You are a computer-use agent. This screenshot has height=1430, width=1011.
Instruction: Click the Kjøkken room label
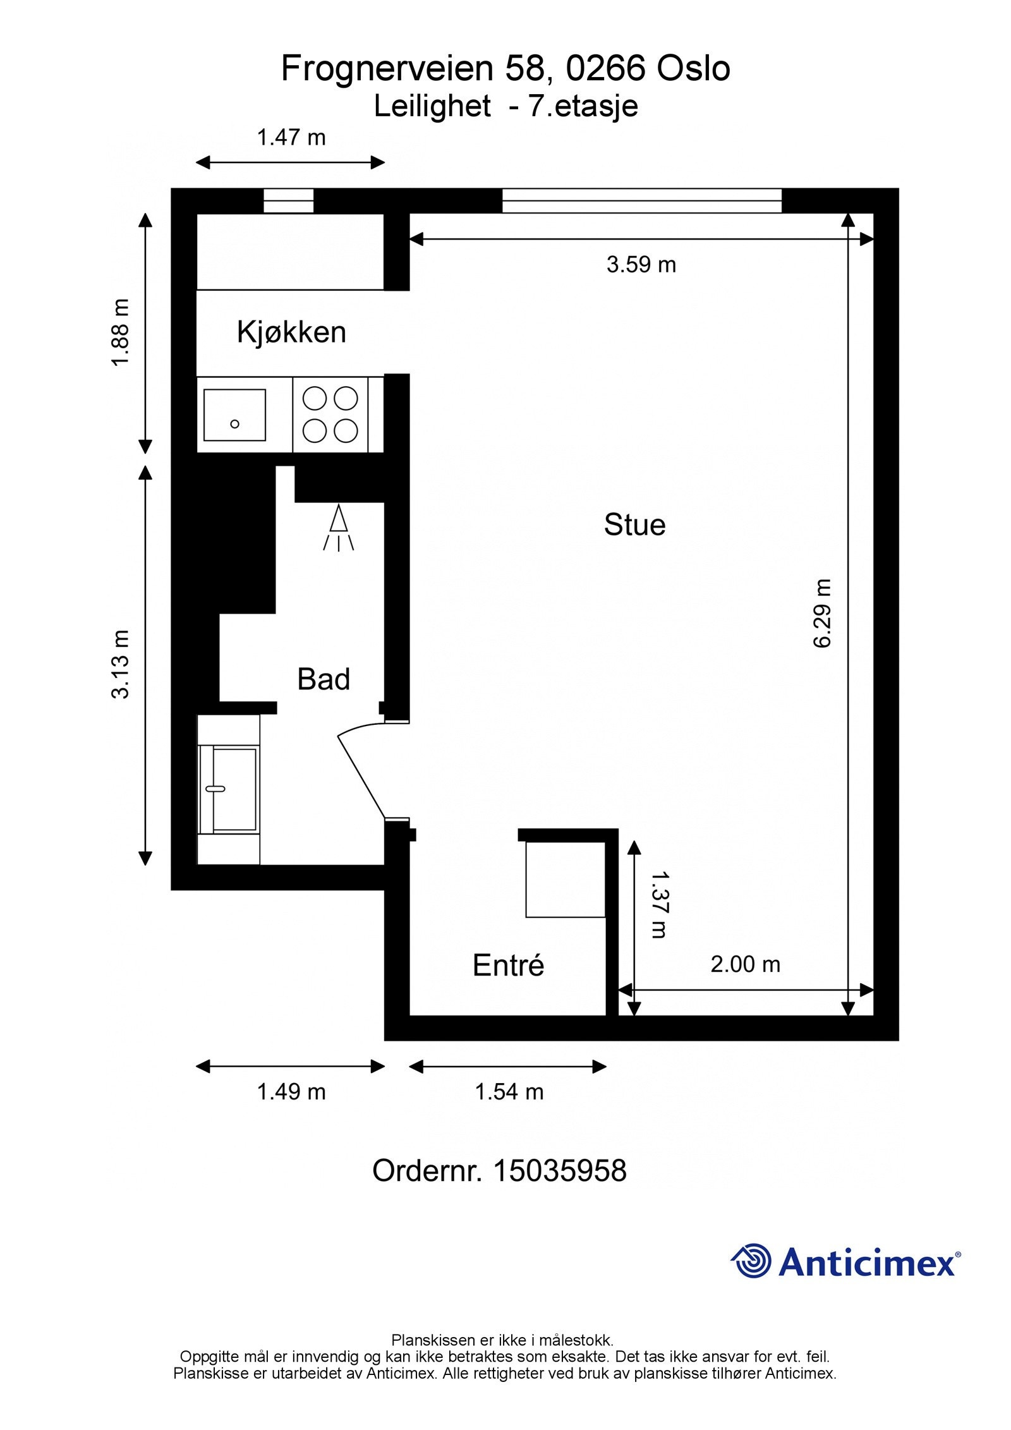coord(291,332)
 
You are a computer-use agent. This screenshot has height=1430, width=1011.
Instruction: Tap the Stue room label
coord(634,524)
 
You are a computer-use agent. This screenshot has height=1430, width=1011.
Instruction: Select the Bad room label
coord(324,679)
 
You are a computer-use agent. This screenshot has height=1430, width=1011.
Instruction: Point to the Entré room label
coord(508,966)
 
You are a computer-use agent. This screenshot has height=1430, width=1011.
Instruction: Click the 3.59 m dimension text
coord(641,264)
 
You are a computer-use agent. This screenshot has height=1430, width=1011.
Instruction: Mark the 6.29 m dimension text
coord(821,613)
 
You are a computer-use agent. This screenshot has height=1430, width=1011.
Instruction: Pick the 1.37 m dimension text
coord(659,904)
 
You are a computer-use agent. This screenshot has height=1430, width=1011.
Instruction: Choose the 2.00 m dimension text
coord(745,964)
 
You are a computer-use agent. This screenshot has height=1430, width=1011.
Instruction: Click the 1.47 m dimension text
coord(291,137)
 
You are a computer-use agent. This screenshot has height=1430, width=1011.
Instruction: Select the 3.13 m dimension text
coord(120,664)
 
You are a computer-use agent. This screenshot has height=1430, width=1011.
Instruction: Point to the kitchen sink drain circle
coord(234,423)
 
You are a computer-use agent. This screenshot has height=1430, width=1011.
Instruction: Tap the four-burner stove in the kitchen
coord(330,415)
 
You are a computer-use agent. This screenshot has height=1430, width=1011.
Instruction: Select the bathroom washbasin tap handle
coord(215,789)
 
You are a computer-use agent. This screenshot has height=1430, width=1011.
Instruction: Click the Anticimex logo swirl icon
coord(751,1261)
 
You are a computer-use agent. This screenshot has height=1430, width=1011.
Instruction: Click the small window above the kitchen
coord(288,201)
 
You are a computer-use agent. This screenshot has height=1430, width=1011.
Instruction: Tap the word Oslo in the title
coord(693,68)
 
